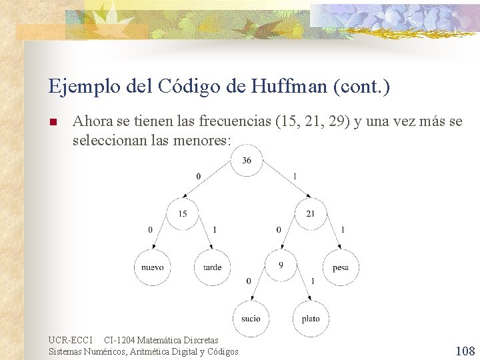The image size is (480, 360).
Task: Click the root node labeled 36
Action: click(x=247, y=161)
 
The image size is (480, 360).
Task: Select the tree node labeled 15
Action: click(x=182, y=214)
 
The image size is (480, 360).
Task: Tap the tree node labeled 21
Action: click(x=310, y=214)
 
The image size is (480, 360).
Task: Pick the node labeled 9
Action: click(x=281, y=267)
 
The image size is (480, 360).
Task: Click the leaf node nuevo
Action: click(x=152, y=267)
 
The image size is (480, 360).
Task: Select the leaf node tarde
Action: click(x=212, y=267)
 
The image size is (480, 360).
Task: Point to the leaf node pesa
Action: click(x=340, y=267)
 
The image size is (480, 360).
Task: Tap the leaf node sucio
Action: click(x=251, y=319)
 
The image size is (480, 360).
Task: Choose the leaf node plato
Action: click(x=311, y=319)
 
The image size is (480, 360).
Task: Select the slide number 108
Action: click(x=465, y=351)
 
